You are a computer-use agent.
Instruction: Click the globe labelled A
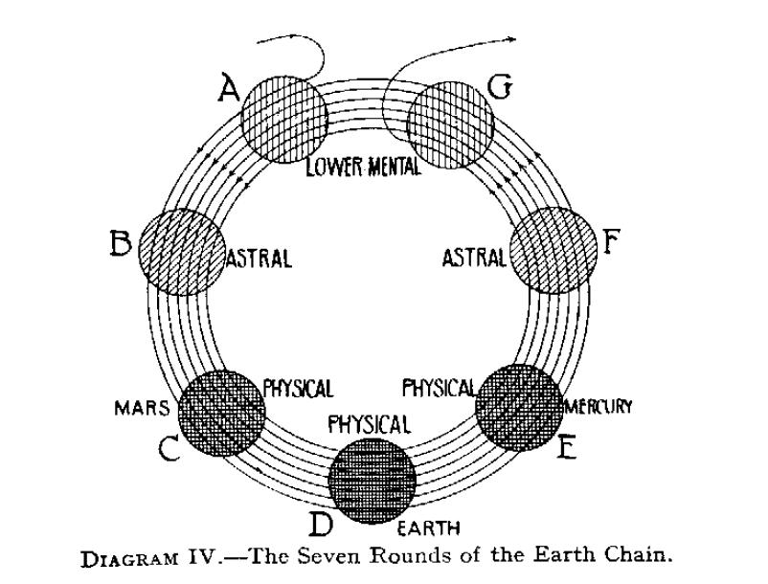click(x=283, y=120)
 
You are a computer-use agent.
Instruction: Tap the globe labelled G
click(x=450, y=122)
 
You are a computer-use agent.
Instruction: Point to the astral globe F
click(x=553, y=251)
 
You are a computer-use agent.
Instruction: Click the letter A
click(x=228, y=89)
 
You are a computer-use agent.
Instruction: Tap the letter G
click(x=502, y=88)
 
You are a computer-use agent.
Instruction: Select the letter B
click(x=121, y=245)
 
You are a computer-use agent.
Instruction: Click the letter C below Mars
click(x=170, y=449)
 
